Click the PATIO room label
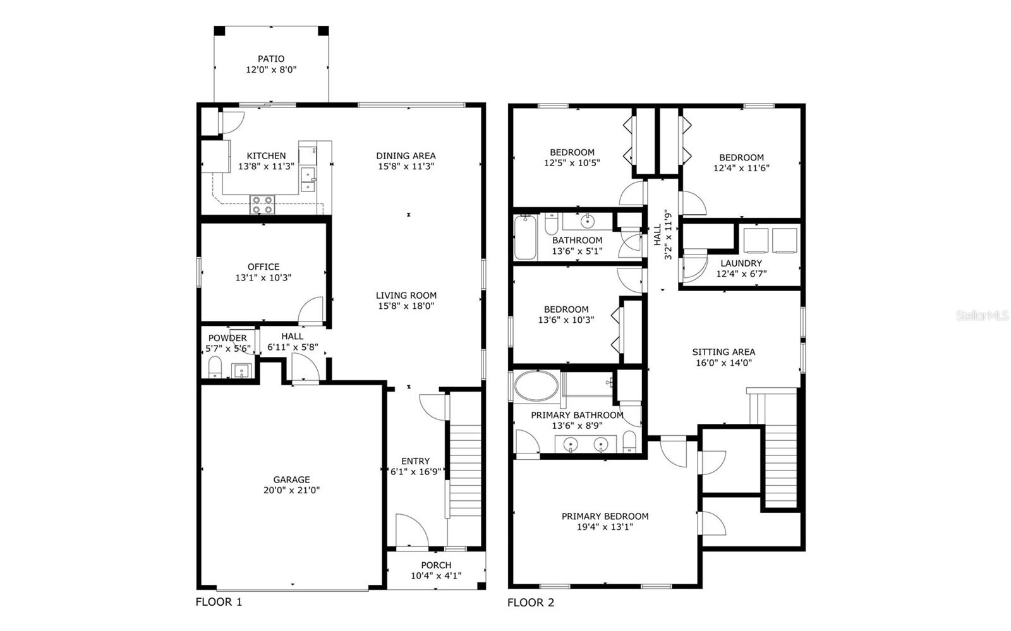coord(270,59)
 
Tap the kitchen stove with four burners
coord(262,205)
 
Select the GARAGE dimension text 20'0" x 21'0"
coord(292,490)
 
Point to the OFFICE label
coord(263,267)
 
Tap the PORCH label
coord(436,565)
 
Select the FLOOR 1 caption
coord(219,602)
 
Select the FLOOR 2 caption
coord(531,603)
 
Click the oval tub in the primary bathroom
coord(536,385)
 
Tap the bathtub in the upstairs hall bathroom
coord(524,237)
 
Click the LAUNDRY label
coord(741,263)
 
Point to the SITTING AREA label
coord(723,352)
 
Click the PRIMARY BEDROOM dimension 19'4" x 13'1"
coord(605,527)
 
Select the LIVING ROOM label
coord(406,295)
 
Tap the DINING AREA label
coord(406,155)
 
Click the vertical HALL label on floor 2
coord(657,234)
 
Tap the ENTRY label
coord(415,461)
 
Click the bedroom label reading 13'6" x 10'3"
coord(566,320)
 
